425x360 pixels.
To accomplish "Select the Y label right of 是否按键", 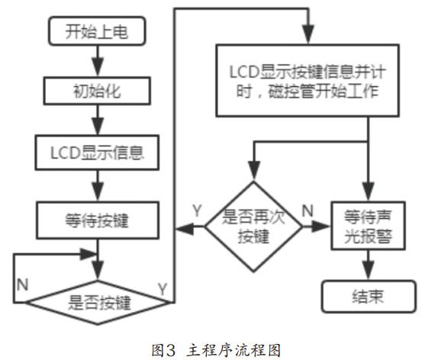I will pos(163,288).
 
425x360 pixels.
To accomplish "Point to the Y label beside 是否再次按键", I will pos(197,208).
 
